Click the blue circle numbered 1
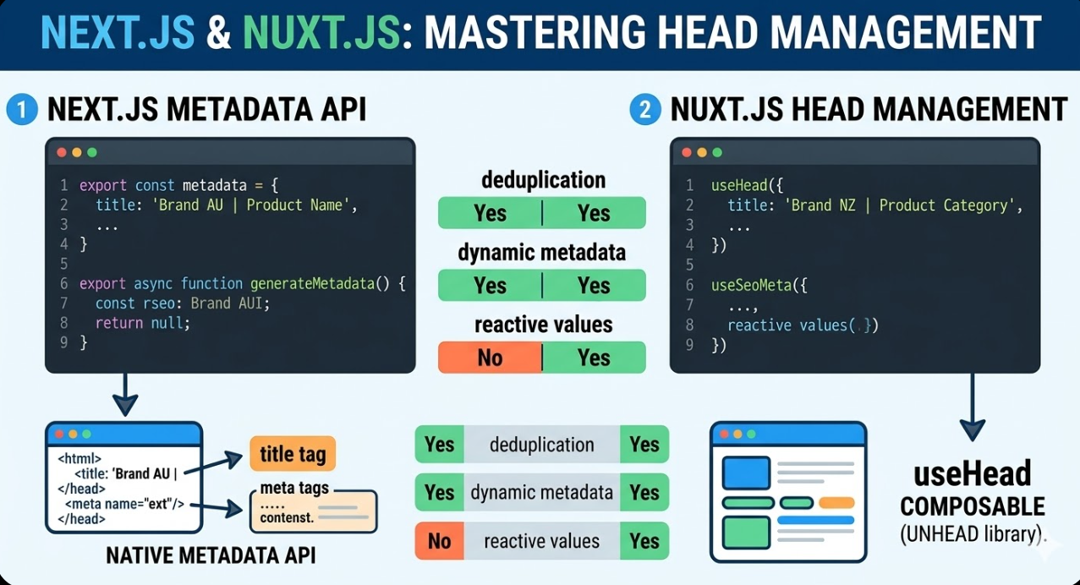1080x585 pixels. (21, 110)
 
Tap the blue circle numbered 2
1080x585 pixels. (644, 110)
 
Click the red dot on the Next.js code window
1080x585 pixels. (62, 153)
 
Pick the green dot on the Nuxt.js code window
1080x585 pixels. (717, 153)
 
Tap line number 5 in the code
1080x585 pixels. (63, 264)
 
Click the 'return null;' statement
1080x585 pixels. (143, 323)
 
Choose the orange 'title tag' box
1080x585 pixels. (293, 454)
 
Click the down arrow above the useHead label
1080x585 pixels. (972, 406)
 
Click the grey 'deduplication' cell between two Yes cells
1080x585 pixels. (541, 445)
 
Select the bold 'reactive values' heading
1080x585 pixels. (543, 325)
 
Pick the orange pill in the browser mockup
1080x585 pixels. (836, 502)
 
